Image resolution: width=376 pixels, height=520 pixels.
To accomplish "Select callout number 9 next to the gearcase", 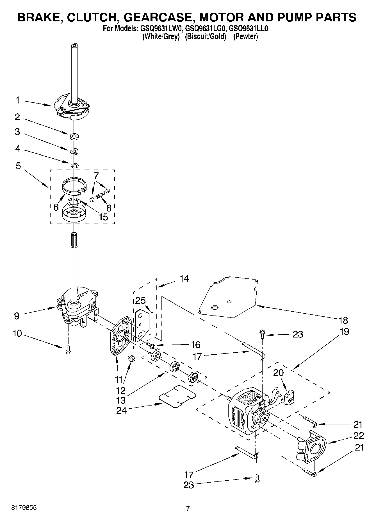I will tap(17, 316).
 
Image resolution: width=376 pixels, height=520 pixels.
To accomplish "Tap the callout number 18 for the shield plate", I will tap(343, 320).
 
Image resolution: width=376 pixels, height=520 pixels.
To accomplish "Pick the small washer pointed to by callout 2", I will tap(74, 137).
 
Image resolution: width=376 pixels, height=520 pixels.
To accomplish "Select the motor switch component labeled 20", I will tap(288, 397).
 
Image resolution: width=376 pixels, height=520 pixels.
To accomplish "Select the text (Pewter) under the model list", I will tap(245, 37).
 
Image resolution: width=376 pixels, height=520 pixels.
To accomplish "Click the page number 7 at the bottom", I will tap(188, 508).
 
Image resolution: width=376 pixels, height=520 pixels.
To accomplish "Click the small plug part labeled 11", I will tap(131, 359).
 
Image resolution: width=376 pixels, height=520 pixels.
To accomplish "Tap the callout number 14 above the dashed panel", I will tap(184, 279).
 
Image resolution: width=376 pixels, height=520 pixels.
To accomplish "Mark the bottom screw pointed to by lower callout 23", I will tap(257, 481).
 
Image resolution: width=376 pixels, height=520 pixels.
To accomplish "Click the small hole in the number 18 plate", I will tap(229, 302).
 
